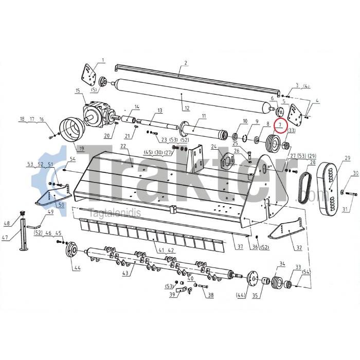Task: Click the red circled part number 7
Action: (280, 124)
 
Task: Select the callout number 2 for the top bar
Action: (186, 63)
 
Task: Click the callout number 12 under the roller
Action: (187, 107)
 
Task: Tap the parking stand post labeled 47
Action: (24, 234)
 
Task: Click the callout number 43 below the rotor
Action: (125, 273)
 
